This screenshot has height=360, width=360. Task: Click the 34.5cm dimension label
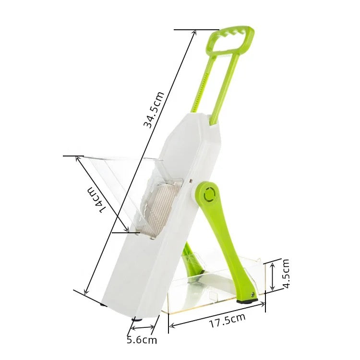click(154, 109)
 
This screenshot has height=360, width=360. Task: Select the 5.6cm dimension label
click(142, 340)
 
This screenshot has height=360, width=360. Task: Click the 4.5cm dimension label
click(286, 273)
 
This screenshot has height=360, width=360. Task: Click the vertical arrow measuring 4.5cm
click(272, 276)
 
